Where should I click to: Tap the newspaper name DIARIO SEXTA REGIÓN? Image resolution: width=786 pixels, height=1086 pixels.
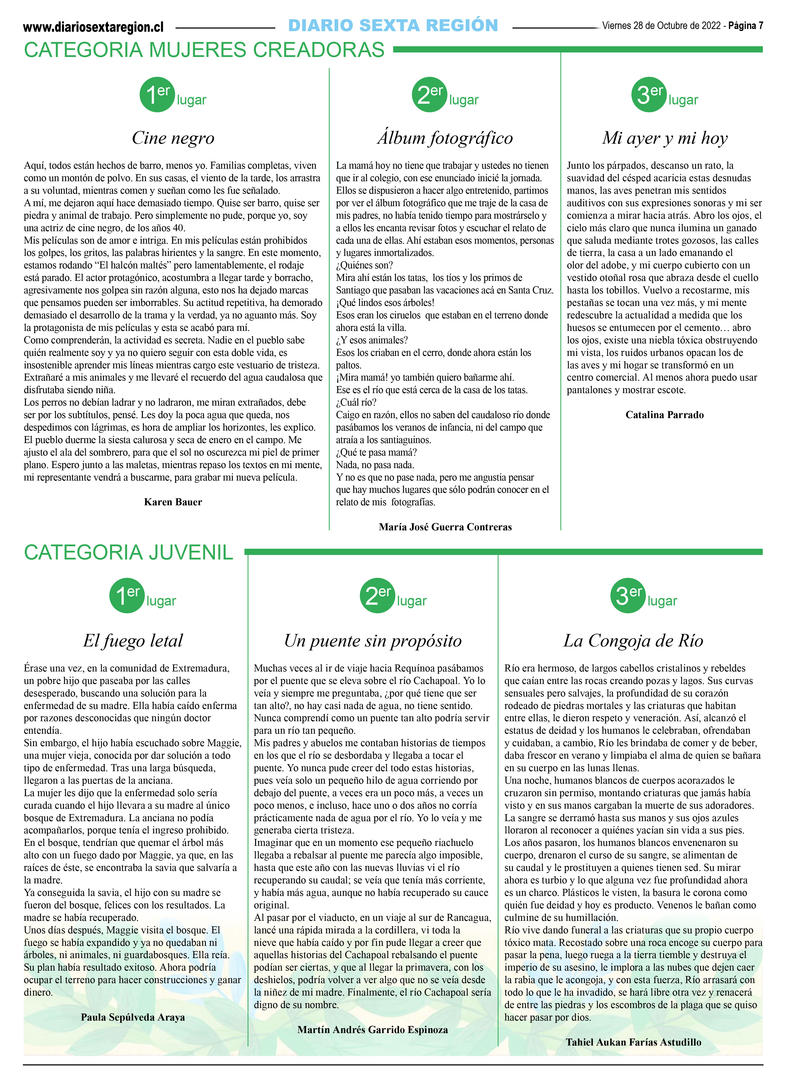coord(393,25)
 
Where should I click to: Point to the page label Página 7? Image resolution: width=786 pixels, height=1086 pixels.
coord(745,26)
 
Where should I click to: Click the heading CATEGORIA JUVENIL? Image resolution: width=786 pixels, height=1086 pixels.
coord(128,552)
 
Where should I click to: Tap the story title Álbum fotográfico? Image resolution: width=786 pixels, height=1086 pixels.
coord(445,138)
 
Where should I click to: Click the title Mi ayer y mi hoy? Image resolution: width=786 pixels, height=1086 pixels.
coord(665,138)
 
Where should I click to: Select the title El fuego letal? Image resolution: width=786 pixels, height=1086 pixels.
coord(133,641)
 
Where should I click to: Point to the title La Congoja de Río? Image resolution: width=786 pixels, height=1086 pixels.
coord(633,641)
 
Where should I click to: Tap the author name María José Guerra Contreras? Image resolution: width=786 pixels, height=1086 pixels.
coord(445,527)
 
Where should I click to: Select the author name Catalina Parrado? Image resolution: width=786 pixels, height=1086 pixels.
coord(664,415)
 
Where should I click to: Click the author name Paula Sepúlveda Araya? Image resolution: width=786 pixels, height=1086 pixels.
coord(133,1017)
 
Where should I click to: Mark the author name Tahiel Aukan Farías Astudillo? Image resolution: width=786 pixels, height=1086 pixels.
coord(633,1042)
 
